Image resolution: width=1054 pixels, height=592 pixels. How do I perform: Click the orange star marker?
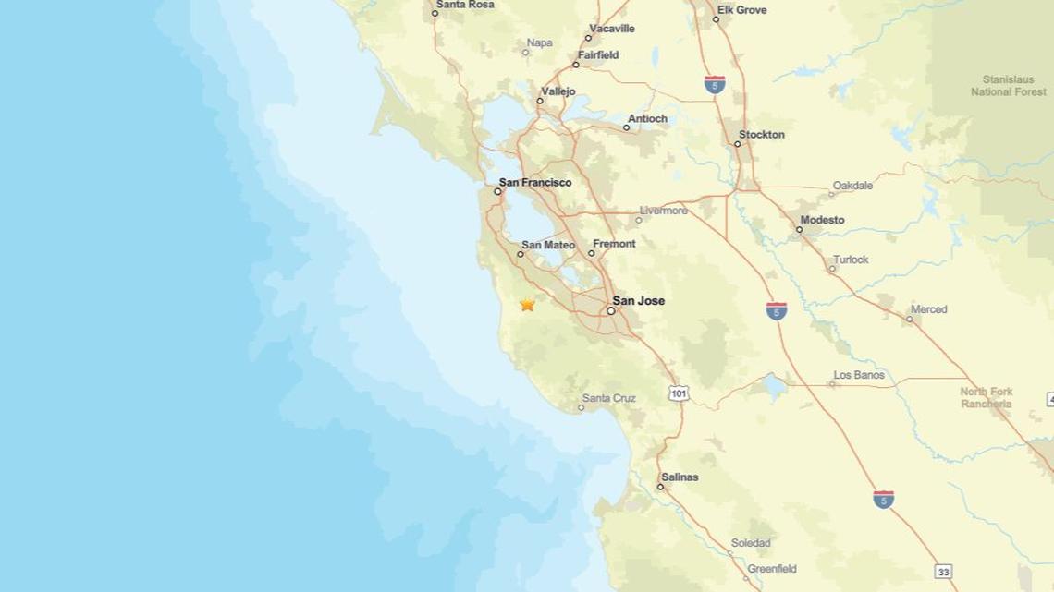click(x=527, y=304)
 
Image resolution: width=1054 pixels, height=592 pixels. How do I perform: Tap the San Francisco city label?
click(x=535, y=183)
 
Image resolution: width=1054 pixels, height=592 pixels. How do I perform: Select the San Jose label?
click(x=639, y=301)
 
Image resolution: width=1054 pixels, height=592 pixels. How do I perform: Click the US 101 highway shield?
click(x=679, y=394)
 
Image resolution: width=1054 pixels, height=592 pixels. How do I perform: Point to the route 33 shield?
click(x=943, y=572)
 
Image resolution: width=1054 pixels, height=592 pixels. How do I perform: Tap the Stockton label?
click(x=762, y=135)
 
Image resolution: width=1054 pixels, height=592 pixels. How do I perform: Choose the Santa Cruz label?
click(x=609, y=398)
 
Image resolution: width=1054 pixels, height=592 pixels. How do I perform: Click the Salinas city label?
click(x=680, y=477)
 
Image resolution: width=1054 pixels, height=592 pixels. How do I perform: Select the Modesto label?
click(x=823, y=220)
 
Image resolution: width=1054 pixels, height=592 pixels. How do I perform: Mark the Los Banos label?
click(x=859, y=375)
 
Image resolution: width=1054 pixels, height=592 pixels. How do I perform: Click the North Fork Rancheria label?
click(x=987, y=397)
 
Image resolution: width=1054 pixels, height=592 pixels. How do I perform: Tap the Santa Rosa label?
click(x=465, y=5)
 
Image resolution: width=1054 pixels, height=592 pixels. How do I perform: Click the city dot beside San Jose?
click(x=611, y=311)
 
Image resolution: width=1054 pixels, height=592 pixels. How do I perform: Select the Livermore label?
click(x=664, y=211)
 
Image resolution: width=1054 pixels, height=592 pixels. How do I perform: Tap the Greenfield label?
click(x=772, y=569)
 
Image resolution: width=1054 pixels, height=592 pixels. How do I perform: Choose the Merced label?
click(x=929, y=309)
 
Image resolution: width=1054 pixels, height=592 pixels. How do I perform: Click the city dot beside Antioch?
click(x=626, y=127)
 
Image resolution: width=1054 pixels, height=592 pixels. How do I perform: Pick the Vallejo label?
click(x=558, y=91)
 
